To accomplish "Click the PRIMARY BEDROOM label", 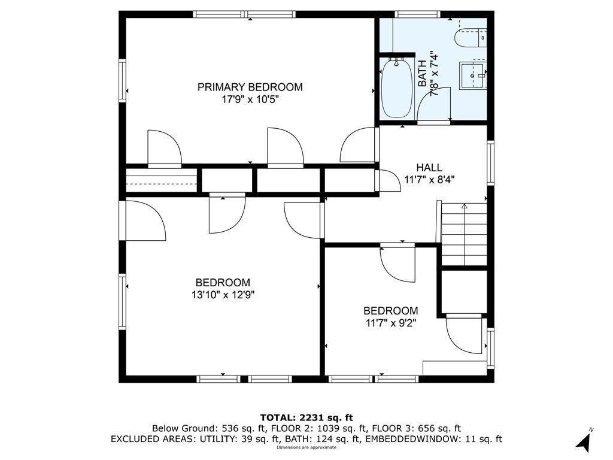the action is (250, 87).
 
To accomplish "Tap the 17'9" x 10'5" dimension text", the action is (250, 99).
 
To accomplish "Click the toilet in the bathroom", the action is (471, 38).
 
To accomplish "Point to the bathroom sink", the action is (473, 75).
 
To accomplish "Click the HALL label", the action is (429, 168).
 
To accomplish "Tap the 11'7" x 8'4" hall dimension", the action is (429, 180).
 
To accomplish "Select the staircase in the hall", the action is (464, 234).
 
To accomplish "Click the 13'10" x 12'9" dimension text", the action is (223, 295).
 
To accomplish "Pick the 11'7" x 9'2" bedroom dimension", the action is (390, 323).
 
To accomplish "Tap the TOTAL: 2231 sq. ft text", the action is (306, 417).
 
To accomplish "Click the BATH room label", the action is (422, 74).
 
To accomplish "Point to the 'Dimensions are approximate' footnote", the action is (306, 447).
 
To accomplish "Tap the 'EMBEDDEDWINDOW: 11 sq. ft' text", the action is (433, 439).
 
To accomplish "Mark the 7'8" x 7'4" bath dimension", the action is (434, 74).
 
